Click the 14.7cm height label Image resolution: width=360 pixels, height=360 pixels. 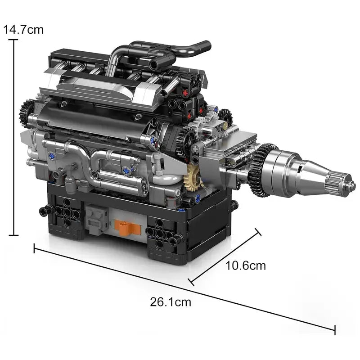[x=23, y=30]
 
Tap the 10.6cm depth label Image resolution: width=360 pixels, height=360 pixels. [x=245, y=265]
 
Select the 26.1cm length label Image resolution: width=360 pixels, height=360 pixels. [x=170, y=302]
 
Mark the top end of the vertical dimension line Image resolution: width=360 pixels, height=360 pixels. [x=14, y=40]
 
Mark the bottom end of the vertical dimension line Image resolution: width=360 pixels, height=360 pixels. [x=14, y=235]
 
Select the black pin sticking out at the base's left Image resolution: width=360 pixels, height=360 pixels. [x=45, y=209]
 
